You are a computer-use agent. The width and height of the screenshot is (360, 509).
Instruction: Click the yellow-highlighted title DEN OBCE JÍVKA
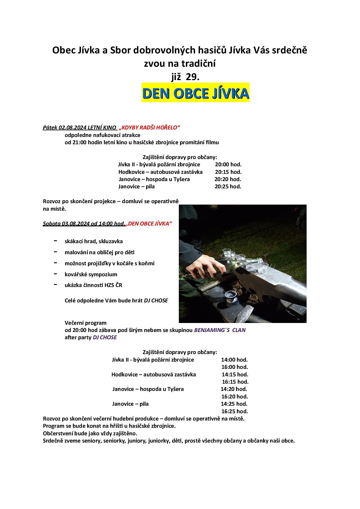click(195, 93)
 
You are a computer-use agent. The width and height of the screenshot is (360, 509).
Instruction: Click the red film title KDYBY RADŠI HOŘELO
click(150, 127)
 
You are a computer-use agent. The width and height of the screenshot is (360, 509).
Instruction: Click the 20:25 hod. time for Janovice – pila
click(228, 187)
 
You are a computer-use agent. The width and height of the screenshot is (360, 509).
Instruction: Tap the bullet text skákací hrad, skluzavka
click(93, 241)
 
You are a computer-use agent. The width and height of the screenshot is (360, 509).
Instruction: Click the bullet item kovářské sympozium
click(91, 274)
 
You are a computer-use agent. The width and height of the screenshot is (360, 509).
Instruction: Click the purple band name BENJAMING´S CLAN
click(219, 330)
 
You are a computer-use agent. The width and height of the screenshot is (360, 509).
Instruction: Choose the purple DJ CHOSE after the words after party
click(105, 337)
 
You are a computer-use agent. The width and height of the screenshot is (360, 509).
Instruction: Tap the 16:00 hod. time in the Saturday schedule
click(235, 367)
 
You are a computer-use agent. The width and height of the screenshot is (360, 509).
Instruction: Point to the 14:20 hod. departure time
click(234, 389)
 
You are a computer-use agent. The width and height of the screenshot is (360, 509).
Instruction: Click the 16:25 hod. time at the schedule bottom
click(235, 411)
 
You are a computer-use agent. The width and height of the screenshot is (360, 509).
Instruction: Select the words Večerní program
click(85, 323)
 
